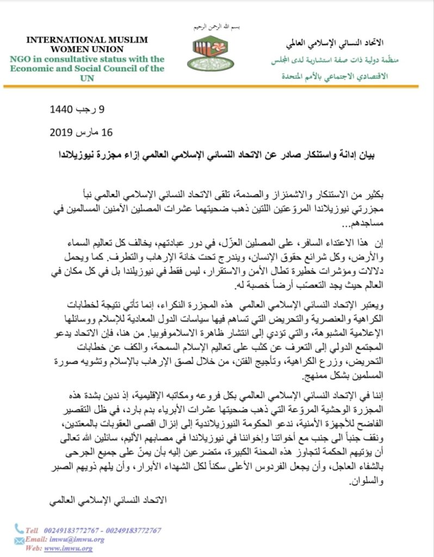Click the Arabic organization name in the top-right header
(335, 42)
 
